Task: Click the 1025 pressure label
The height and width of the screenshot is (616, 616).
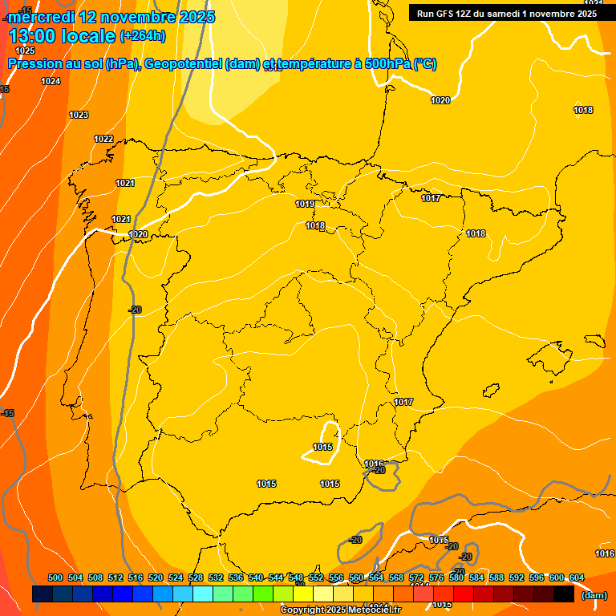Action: pyautogui.click(x=25, y=51)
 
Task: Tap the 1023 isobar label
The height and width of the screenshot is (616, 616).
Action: pyautogui.click(x=79, y=115)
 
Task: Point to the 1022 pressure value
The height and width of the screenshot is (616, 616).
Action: pyautogui.click(x=103, y=139)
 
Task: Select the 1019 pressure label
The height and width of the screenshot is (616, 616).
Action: pyautogui.click(x=305, y=204)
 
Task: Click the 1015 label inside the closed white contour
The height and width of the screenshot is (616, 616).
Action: pyautogui.click(x=322, y=447)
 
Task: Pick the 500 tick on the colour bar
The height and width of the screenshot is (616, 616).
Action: pyautogui.click(x=55, y=577)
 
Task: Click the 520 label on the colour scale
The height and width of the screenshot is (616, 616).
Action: pyautogui.click(x=156, y=577)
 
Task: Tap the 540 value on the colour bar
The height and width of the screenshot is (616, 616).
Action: pyautogui.click(x=256, y=577)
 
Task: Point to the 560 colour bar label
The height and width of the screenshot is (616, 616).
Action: pyautogui.click(x=356, y=577)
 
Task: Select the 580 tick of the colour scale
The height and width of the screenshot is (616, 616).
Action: pyautogui.click(x=456, y=577)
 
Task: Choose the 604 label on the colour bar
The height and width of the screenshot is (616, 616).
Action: pyautogui.click(x=577, y=577)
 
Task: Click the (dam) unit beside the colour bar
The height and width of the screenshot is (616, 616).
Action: pyautogui.click(x=594, y=595)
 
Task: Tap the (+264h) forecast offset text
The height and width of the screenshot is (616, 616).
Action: pyautogui.click(x=142, y=35)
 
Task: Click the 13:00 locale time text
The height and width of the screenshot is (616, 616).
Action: pyautogui.click(x=62, y=35)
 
